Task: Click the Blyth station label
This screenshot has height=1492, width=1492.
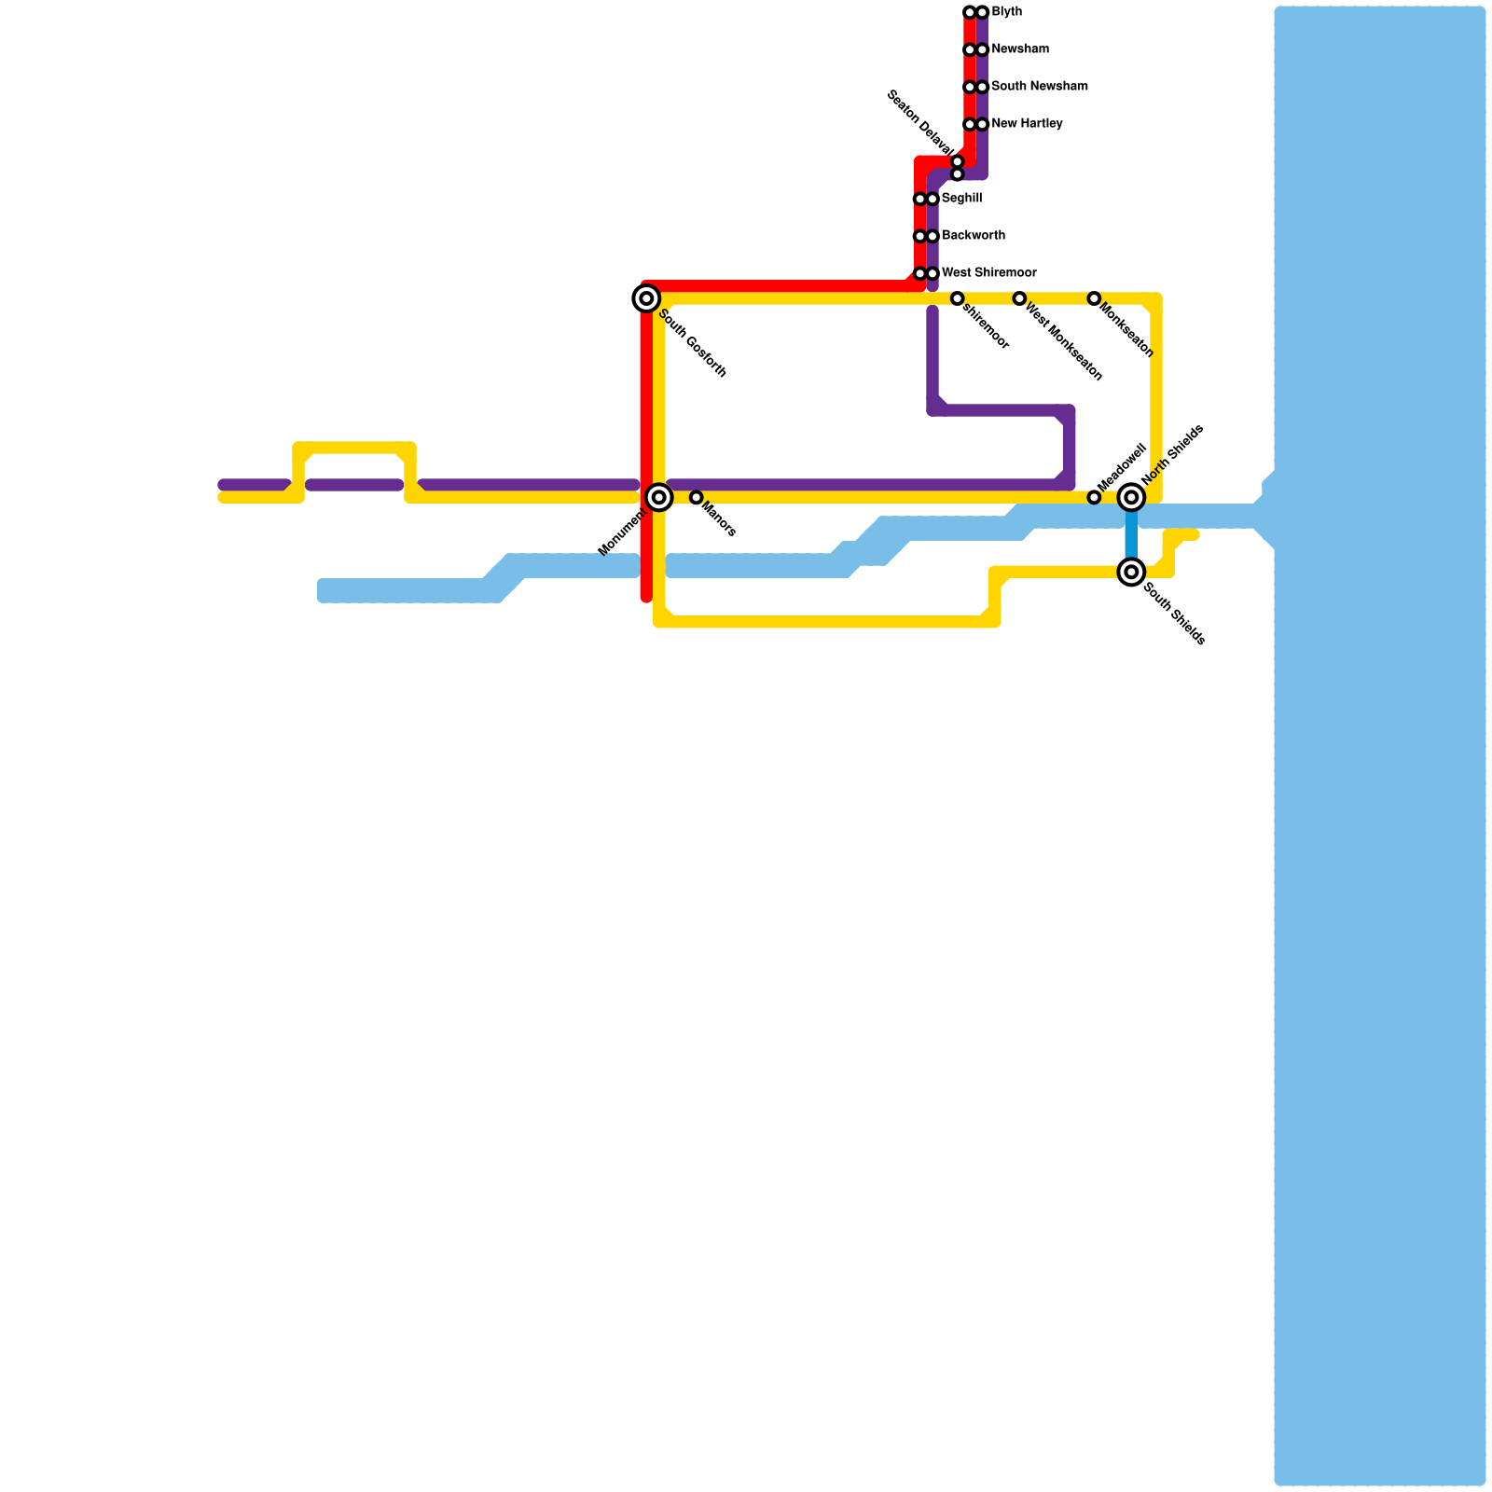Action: (1006, 12)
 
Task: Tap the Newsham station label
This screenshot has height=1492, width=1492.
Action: (1019, 49)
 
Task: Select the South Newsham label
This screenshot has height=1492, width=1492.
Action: (1039, 87)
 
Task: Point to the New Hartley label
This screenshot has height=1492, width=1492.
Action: (1026, 124)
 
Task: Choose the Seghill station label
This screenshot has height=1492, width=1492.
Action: (961, 199)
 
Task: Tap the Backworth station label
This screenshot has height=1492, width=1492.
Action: (973, 236)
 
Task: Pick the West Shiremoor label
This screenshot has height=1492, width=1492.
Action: (988, 273)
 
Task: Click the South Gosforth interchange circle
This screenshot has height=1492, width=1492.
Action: (646, 298)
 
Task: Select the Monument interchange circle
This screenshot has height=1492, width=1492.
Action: (659, 497)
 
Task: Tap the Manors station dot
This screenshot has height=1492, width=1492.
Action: (696, 498)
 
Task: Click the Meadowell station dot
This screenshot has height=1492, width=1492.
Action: (1094, 498)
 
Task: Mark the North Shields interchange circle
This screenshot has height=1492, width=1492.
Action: (1131, 498)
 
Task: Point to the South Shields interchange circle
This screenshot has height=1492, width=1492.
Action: (1131, 572)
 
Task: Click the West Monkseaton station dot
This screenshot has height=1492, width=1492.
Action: (1019, 298)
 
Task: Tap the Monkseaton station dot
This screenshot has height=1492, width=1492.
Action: (1094, 298)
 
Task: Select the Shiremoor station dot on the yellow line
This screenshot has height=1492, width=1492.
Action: (957, 298)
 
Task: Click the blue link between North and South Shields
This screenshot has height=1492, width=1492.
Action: (1131, 535)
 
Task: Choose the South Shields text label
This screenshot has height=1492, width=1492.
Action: (1174, 614)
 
